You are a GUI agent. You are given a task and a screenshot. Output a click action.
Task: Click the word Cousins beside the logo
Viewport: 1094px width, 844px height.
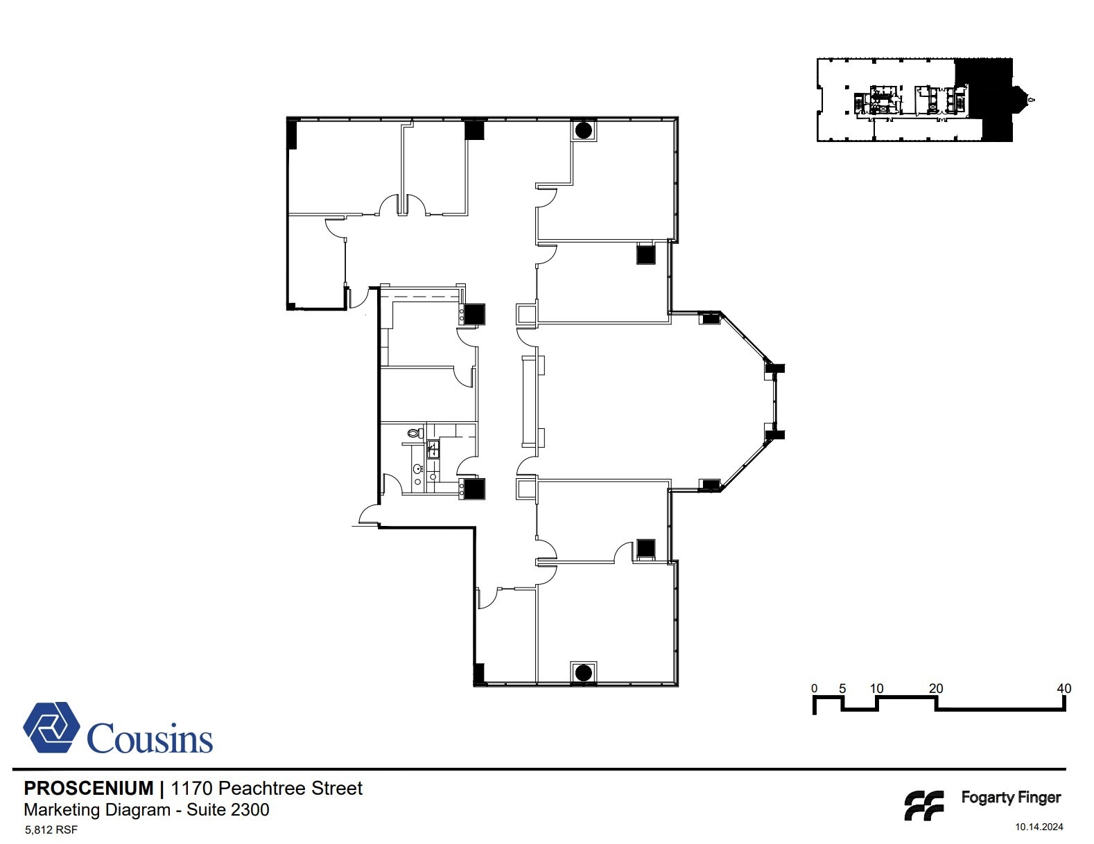point(150,739)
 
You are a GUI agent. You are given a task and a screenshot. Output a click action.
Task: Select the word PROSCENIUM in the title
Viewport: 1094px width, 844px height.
point(89,789)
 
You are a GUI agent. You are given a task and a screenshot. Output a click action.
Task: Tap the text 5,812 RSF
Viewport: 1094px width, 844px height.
point(51,829)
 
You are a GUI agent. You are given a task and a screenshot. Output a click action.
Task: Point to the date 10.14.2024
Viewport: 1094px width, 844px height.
point(1039,827)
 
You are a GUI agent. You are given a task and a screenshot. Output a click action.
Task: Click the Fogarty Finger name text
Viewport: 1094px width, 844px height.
point(1010,798)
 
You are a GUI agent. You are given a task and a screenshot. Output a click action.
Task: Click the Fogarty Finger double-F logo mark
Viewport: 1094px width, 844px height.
point(923,805)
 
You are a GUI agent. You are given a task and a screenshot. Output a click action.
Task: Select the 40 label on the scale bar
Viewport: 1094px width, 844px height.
point(1063,689)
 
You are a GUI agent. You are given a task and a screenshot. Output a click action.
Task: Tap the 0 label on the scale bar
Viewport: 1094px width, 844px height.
point(814,689)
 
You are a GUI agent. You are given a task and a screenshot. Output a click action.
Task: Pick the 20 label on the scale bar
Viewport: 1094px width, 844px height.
point(935,689)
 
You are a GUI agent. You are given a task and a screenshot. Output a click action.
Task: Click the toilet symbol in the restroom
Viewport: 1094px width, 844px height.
point(415,434)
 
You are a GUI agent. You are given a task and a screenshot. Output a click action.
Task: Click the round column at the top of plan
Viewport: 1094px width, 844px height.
point(583,130)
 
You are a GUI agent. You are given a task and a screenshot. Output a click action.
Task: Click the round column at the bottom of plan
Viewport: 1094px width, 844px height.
point(583,672)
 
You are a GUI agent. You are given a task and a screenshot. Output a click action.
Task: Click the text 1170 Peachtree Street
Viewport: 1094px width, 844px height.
point(267,789)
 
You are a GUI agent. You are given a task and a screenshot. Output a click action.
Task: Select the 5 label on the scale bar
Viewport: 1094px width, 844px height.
point(842,689)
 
